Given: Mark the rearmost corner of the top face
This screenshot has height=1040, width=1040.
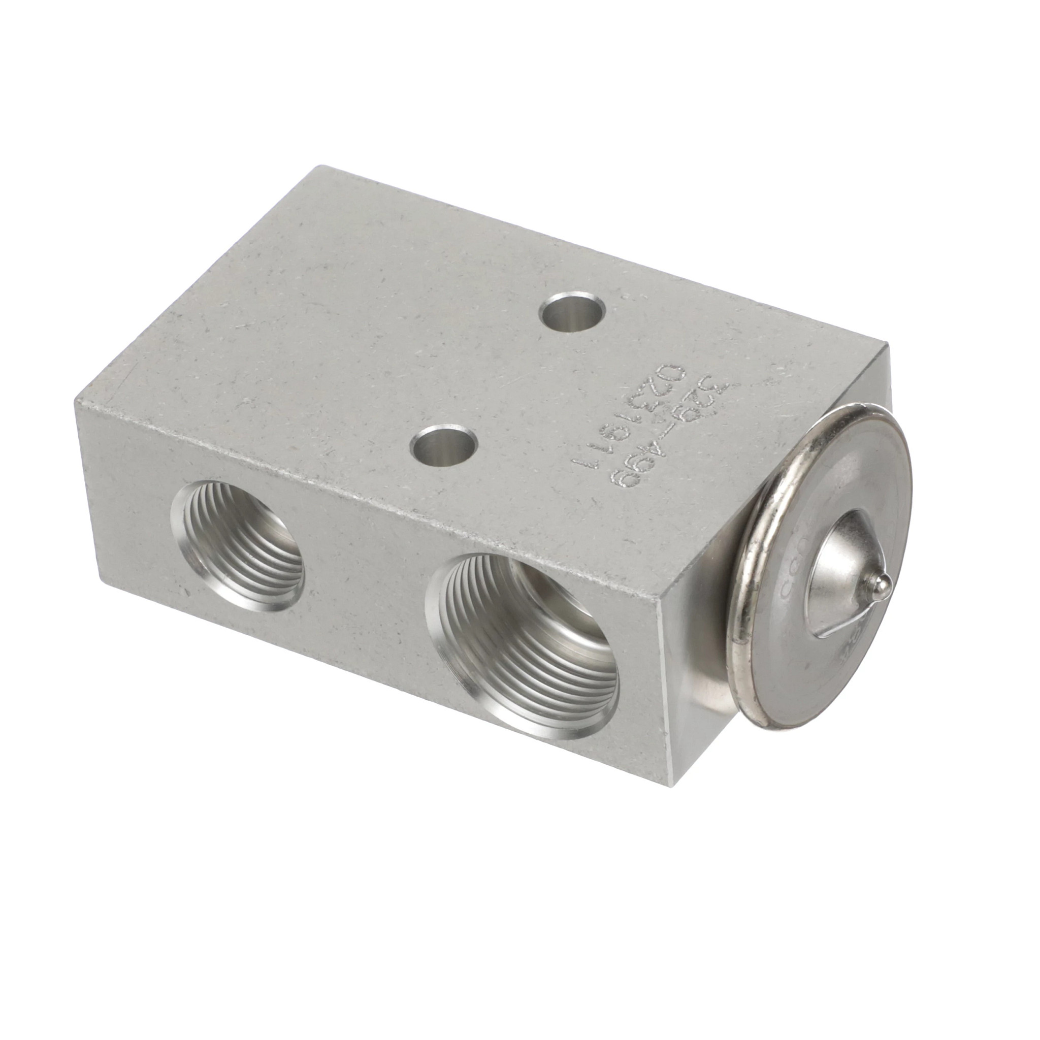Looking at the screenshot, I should click(321, 167).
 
